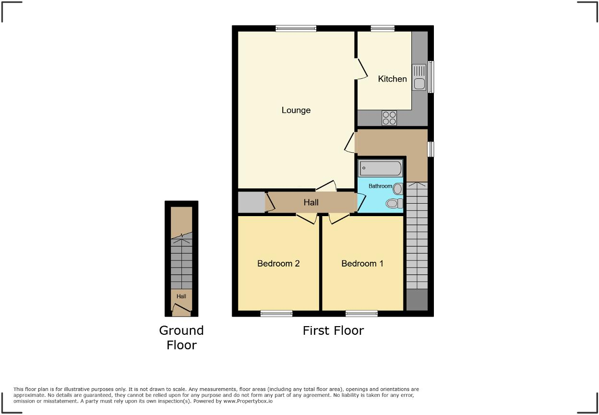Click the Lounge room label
click(x=296, y=110)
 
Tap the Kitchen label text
click(x=392, y=79)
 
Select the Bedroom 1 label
click(x=362, y=263)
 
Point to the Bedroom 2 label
click(x=278, y=263)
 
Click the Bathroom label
click(x=380, y=186)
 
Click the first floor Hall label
click(x=311, y=203)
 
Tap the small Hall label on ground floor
click(x=181, y=296)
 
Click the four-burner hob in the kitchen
click(x=389, y=118)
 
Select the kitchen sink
click(x=419, y=77)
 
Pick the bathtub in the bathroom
click(x=380, y=169)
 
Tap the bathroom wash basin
click(x=398, y=188)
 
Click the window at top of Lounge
click(x=296, y=29)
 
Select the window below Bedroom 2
click(x=276, y=314)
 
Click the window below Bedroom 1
click(x=361, y=314)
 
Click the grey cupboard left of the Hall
click(x=252, y=203)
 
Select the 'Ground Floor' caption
click(x=181, y=338)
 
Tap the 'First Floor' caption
click(x=333, y=330)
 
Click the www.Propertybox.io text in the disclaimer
click(x=247, y=401)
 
